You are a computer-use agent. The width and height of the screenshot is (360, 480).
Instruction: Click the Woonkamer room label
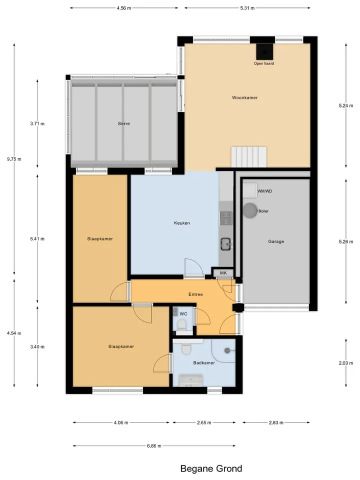(244, 97)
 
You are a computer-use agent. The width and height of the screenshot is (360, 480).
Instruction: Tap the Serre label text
(123, 123)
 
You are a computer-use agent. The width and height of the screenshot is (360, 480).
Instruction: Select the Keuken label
(182, 223)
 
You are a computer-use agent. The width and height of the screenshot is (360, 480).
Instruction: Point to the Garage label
(276, 241)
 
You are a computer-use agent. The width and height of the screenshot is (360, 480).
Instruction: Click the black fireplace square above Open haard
(264, 52)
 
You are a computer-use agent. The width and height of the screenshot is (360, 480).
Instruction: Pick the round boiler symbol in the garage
(250, 210)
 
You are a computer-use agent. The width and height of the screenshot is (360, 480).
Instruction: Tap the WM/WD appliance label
(264, 191)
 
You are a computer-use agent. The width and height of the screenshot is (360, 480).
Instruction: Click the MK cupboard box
(223, 273)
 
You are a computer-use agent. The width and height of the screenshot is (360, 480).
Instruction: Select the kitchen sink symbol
(226, 244)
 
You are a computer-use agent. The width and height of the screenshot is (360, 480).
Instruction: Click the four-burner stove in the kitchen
(226, 218)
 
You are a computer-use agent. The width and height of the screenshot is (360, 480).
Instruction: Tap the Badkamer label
(204, 363)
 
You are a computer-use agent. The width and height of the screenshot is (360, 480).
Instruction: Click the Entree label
(195, 294)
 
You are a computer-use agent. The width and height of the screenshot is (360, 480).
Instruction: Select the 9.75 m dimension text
(14, 159)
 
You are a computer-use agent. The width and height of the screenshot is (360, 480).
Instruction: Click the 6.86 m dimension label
(154, 446)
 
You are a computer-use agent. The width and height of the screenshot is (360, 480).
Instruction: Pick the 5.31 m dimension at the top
(247, 8)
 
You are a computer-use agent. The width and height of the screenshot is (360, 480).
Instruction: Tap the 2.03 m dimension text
(346, 363)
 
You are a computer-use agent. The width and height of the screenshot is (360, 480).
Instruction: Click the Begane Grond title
(211, 468)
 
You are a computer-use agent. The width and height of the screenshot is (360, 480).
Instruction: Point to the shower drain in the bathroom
(227, 351)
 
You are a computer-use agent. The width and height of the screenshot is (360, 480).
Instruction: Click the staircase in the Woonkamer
(248, 157)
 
